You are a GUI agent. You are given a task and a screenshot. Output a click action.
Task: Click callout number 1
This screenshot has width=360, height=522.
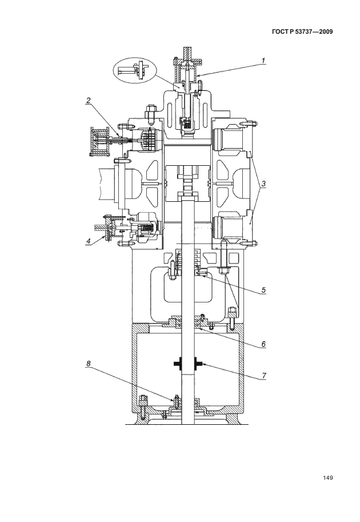(263, 61)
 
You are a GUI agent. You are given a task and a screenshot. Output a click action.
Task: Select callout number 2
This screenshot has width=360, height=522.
(89, 101)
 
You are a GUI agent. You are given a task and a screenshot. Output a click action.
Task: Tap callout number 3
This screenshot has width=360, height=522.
(263, 184)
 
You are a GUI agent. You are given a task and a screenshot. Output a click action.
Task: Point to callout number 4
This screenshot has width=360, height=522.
(88, 242)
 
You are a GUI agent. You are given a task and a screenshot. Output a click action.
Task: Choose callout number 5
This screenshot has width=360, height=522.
(263, 290)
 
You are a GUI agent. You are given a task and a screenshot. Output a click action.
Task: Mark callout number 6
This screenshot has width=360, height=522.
(263, 344)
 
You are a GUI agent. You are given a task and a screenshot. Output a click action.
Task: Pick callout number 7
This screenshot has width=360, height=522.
(263, 376)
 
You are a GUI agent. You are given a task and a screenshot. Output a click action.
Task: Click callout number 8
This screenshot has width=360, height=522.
(89, 364)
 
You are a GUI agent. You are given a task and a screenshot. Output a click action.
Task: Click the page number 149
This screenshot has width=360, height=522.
(328, 478)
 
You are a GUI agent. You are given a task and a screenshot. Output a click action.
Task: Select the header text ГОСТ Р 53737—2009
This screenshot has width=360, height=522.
(302, 32)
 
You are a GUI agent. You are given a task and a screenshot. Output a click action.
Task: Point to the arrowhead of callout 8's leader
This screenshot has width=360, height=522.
(174, 400)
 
